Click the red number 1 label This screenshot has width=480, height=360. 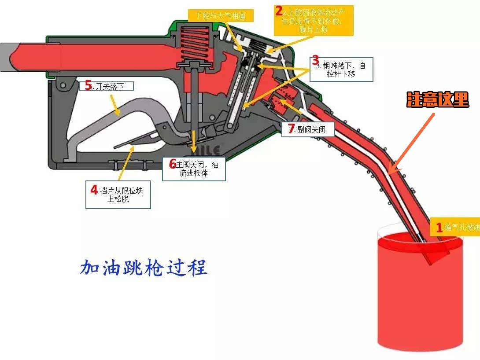click(439, 228)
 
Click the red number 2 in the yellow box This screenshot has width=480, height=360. click(278, 10)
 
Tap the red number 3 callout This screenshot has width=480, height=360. click(315, 60)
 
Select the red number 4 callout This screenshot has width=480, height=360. click(94, 190)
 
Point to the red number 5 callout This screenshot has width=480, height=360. click(89, 86)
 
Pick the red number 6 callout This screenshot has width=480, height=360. click(173, 164)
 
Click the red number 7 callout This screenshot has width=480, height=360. click(291, 129)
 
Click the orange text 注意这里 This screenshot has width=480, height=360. click(437, 100)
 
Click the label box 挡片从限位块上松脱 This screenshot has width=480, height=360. click(118, 195)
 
